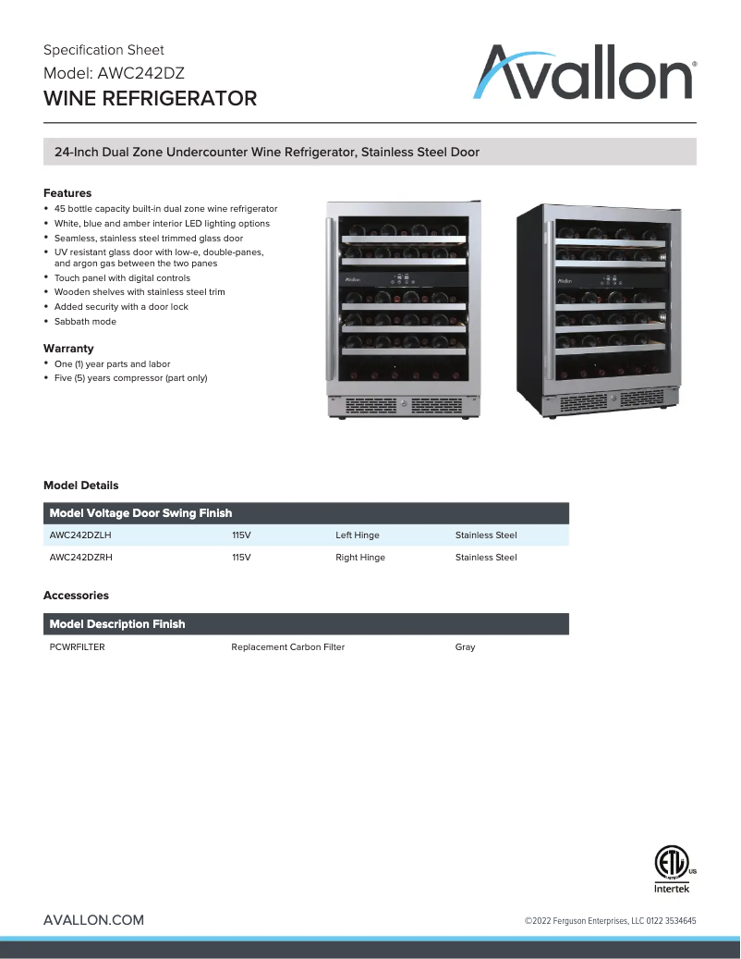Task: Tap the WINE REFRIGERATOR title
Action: point(150,98)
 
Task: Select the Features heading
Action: point(67,193)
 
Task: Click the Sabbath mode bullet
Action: point(85,321)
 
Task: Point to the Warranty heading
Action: point(68,349)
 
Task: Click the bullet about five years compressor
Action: point(130,377)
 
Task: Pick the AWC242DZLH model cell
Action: point(80,535)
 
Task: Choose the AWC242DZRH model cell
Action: point(81,558)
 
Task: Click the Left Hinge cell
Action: point(357,535)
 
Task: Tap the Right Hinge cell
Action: point(359,558)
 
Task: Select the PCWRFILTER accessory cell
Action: point(77,647)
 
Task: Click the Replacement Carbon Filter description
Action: point(287,647)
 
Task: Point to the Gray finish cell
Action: point(465,647)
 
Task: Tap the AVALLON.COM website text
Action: point(93,920)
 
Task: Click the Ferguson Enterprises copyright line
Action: point(610,921)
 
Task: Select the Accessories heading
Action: point(76,596)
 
